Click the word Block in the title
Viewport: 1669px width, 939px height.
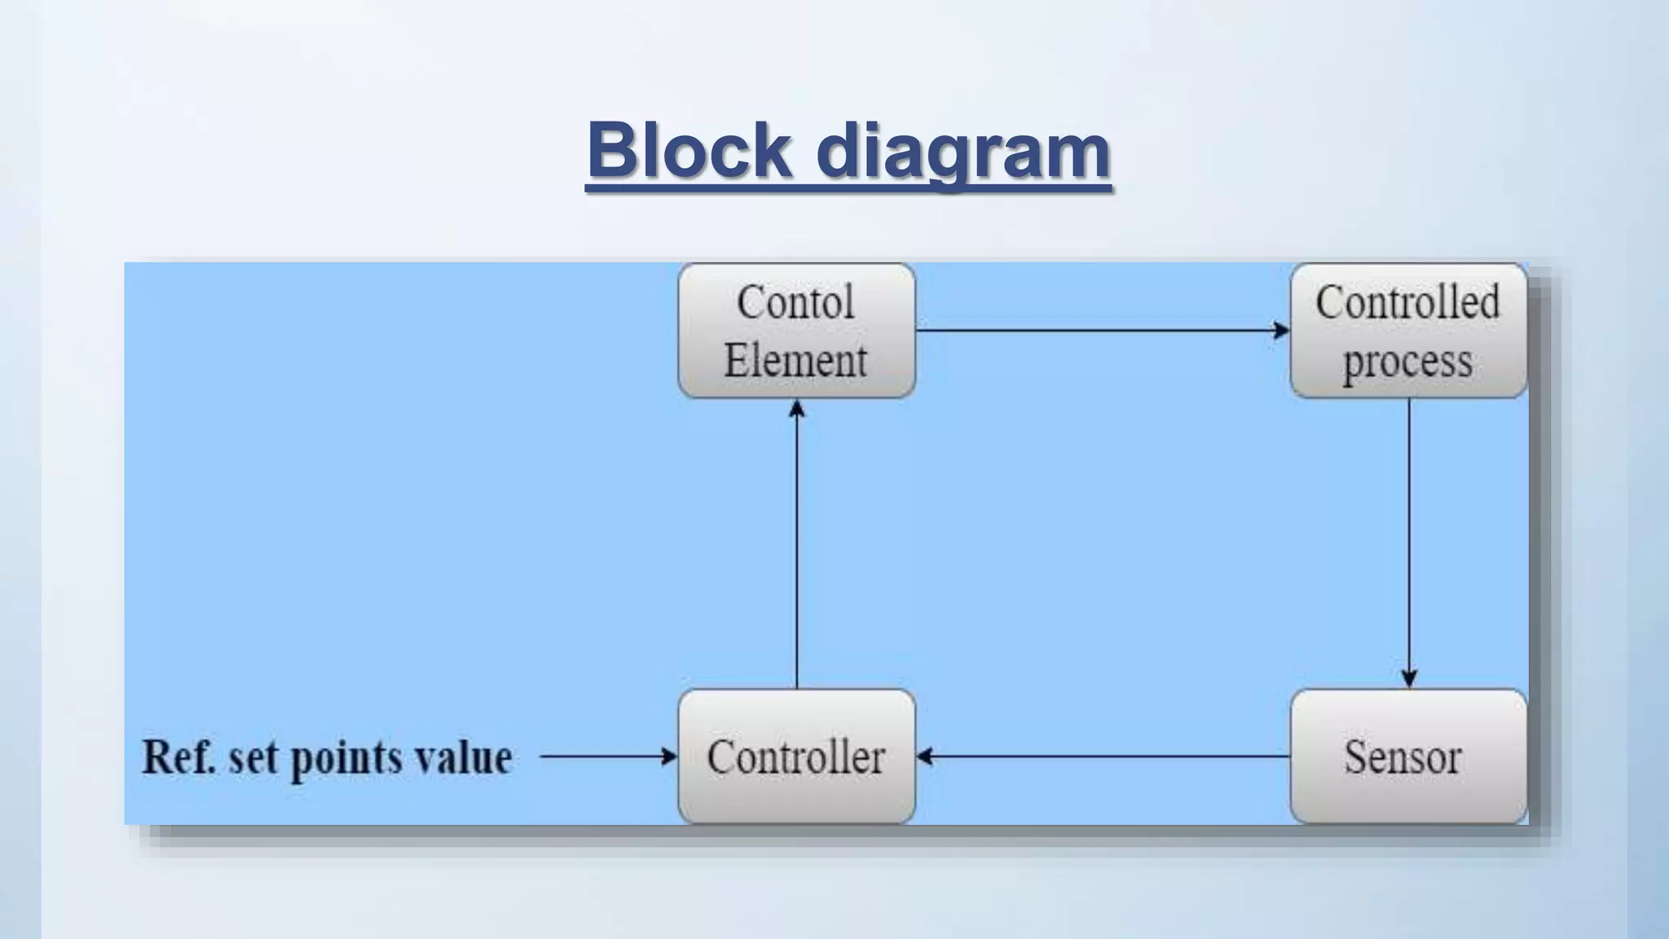[689, 150]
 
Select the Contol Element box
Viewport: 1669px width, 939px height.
[796, 330]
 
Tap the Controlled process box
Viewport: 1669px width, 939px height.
[1408, 330]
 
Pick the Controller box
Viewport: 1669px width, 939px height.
[796, 756]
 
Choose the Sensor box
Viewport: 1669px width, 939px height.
[1408, 756]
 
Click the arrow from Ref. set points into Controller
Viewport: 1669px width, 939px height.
[608, 756]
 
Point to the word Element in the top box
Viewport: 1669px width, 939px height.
[795, 360]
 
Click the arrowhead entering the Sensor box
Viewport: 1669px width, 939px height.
[1409, 678]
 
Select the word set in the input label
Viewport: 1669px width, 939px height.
[253, 758]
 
